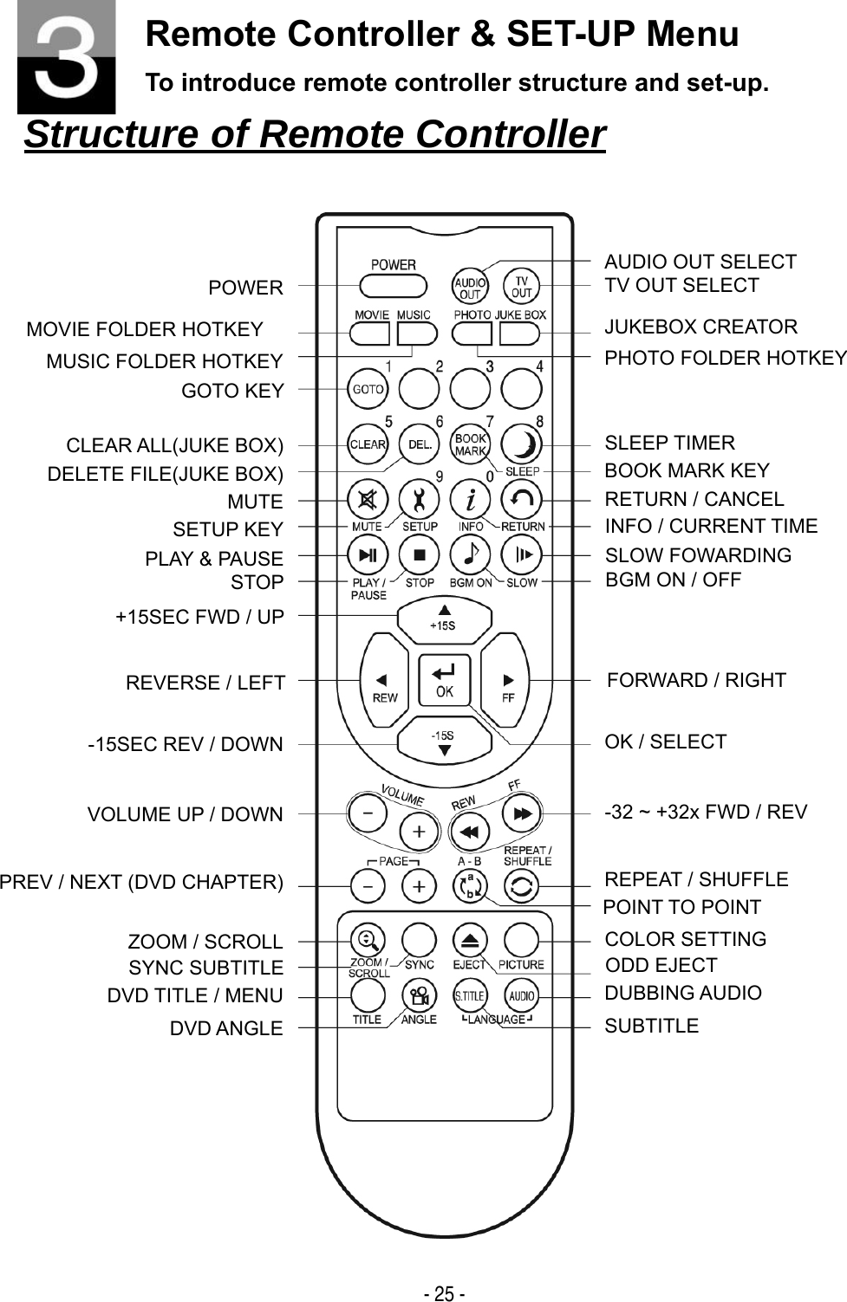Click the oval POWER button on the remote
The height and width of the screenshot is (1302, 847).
393,286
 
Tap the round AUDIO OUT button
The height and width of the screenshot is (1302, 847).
470,286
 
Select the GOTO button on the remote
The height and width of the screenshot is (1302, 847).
368,389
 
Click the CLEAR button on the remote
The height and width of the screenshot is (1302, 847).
368,444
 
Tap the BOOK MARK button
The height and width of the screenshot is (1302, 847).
470,444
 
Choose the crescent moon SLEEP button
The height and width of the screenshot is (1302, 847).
522,444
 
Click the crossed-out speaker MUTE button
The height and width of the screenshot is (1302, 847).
368,499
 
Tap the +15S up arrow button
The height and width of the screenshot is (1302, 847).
444,619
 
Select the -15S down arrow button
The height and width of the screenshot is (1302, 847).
444,740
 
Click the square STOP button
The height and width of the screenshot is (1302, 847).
420,555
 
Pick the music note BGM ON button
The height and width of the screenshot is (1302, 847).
470,555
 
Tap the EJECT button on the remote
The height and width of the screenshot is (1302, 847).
470,940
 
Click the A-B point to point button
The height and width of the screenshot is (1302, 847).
470,886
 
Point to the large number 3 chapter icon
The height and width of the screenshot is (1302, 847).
67,58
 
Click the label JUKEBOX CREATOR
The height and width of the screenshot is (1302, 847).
700,327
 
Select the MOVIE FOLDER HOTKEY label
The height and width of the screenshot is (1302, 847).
145,330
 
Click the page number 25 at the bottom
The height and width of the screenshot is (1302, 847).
444,1293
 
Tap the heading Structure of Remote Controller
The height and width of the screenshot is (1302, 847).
314,134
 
